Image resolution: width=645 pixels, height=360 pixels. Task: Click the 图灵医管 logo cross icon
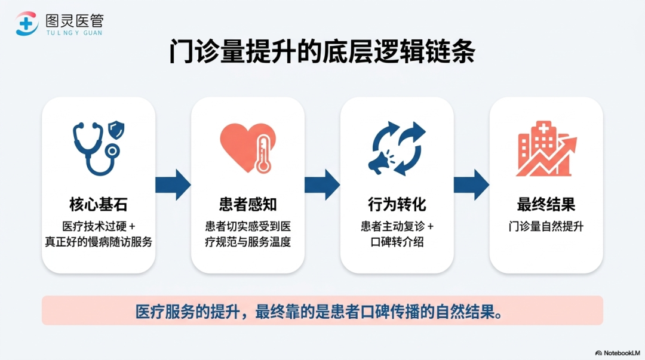(x=27, y=23)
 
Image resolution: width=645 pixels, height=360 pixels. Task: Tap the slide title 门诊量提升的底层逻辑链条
(x=322, y=51)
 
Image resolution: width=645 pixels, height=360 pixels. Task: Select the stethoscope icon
(x=95, y=149)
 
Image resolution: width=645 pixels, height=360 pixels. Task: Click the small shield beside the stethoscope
(x=116, y=130)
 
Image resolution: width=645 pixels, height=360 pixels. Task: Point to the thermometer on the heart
(x=263, y=155)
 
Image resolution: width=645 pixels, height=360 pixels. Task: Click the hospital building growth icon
(x=546, y=149)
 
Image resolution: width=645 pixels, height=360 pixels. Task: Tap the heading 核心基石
(x=99, y=205)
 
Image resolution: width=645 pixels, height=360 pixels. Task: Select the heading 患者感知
(x=248, y=205)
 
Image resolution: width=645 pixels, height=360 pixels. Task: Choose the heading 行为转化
(x=397, y=205)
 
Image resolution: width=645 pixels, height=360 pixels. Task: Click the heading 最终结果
(x=546, y=205)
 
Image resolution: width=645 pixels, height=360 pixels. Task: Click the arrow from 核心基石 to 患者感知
(x=173, y=184)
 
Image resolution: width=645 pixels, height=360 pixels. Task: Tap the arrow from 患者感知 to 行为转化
(x=322, y=184)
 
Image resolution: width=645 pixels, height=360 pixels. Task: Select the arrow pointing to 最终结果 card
(x=471, y=184)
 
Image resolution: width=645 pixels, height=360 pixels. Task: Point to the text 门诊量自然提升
(x=546, y=227)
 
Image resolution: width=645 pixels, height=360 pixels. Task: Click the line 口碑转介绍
(x=397, y=242)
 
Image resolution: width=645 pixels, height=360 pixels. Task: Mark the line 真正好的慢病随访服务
(x=99, y=242)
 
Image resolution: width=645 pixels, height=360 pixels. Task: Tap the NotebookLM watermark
(x=618, y=353)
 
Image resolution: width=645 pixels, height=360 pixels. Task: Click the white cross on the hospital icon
(x=544, y=128)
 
